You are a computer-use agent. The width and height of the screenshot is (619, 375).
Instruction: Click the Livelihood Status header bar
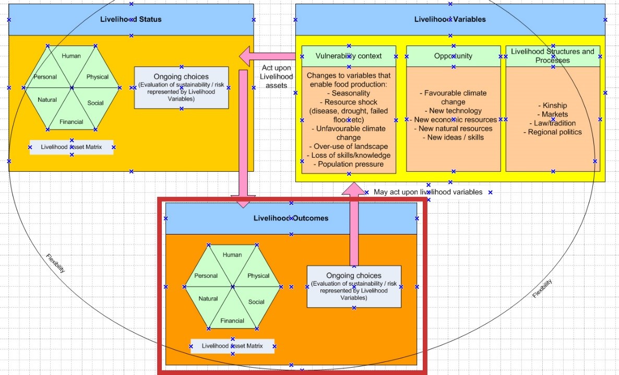130,20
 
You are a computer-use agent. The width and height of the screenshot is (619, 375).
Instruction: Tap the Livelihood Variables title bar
450,20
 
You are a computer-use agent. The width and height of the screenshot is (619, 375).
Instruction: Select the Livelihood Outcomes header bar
291,218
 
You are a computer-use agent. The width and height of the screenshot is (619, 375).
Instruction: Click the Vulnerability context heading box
349,56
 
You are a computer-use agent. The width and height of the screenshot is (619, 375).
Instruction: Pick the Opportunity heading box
453,56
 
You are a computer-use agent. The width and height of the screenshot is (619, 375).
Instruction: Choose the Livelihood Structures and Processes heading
552,56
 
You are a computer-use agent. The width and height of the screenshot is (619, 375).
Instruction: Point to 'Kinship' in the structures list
552,106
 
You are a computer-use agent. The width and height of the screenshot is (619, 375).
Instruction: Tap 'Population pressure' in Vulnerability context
349,164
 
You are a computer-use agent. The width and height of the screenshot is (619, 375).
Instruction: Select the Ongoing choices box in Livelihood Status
181,88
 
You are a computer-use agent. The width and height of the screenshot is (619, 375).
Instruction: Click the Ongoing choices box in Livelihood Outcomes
354,287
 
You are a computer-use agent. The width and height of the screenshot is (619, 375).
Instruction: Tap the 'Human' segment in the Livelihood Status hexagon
71,56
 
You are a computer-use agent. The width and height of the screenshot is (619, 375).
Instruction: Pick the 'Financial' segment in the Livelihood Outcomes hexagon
232,321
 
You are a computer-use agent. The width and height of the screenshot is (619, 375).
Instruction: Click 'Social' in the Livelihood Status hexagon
96,103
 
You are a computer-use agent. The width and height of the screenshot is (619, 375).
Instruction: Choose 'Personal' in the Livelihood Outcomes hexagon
206,276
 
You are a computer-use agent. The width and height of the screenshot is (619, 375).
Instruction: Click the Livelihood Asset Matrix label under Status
72,147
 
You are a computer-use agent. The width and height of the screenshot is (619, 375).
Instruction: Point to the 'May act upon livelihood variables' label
428,192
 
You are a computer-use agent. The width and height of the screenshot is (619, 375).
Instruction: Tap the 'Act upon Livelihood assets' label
276,77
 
